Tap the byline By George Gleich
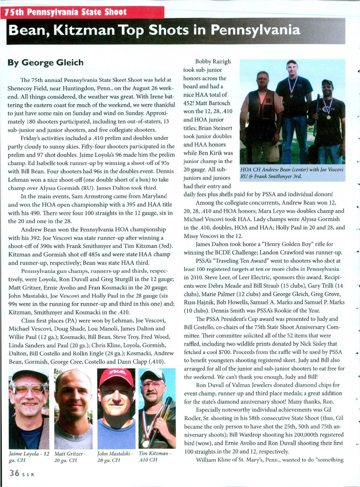(46, 63)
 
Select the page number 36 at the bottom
(14, 474)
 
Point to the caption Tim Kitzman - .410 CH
(154, 456)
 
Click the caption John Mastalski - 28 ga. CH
(115, 456)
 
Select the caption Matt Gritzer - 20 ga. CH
(70, 456)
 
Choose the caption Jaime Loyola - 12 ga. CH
(29, 456)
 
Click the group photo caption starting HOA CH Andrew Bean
(292, 173)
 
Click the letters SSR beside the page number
(28, 475)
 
